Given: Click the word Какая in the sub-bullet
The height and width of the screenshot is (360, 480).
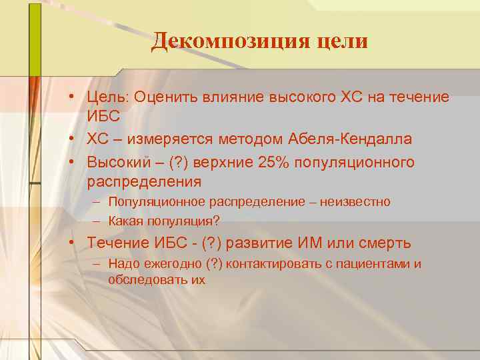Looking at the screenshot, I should point(125,221).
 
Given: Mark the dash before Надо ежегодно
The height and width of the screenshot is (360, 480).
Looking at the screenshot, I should point(97,264).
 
